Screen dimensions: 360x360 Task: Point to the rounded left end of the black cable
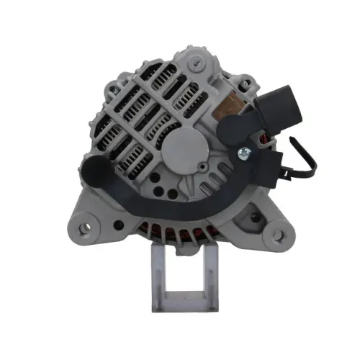tap(94, 172)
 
